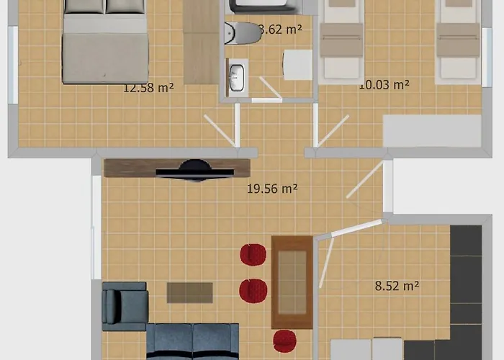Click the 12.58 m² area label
tap(149, 89)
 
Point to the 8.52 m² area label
tap(397, 286)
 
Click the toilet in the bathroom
tap(242, 32)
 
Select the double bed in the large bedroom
tap(105, 42)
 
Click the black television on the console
tap(194, 170)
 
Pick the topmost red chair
tap(253, 255)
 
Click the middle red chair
tap(253, 290)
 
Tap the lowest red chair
tap(285, 341)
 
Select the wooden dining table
tap(292, 281)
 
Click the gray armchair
tap(125, 306)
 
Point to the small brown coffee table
tap(190, 292)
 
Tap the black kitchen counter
tap(466, 288)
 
